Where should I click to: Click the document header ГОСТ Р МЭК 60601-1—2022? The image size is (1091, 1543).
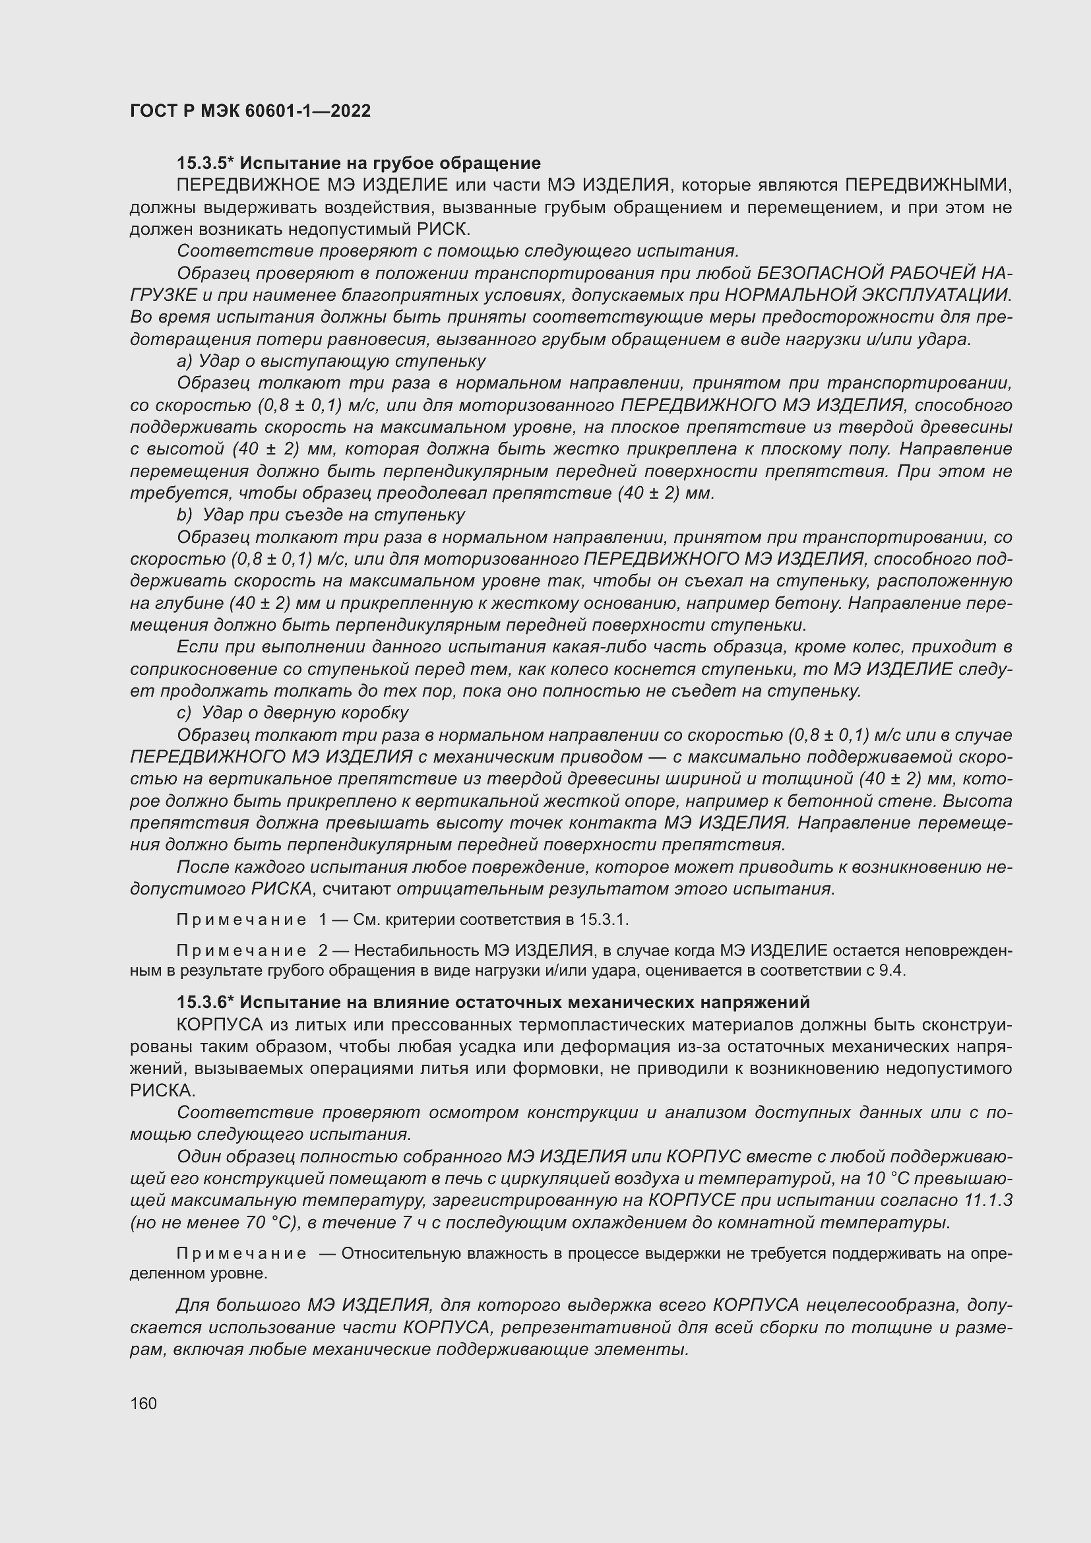(x=250, y=111)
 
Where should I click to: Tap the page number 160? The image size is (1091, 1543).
(x=143, y=1403)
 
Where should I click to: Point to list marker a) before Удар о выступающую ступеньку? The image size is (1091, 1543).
(x=185, y=362)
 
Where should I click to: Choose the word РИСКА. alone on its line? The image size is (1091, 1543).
(x=162, y=1090)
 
